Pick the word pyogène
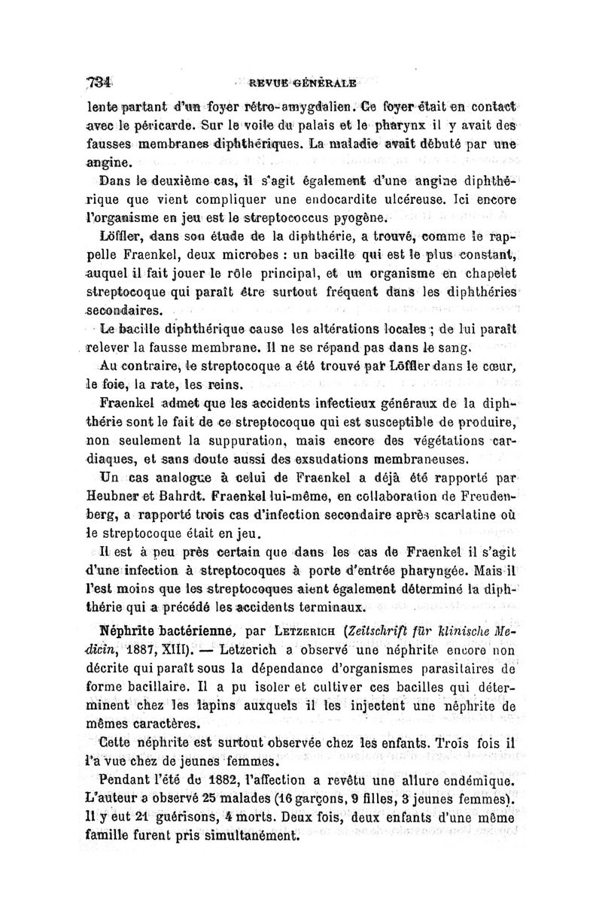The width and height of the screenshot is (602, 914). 363,220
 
